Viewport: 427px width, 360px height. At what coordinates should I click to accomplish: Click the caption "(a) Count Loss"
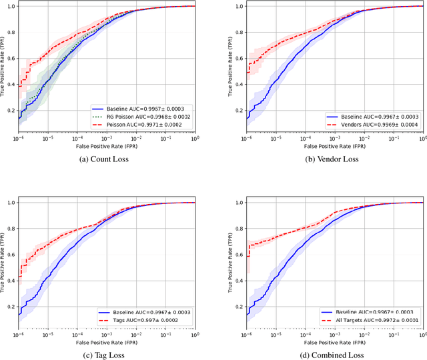tap(107, 159)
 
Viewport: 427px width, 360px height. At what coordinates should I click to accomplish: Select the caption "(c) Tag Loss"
tap(107, 355)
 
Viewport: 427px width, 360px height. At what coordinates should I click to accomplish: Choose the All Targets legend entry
tap(372, 320)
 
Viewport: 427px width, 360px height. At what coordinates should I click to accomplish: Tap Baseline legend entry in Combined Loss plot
tap(372, 312)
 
